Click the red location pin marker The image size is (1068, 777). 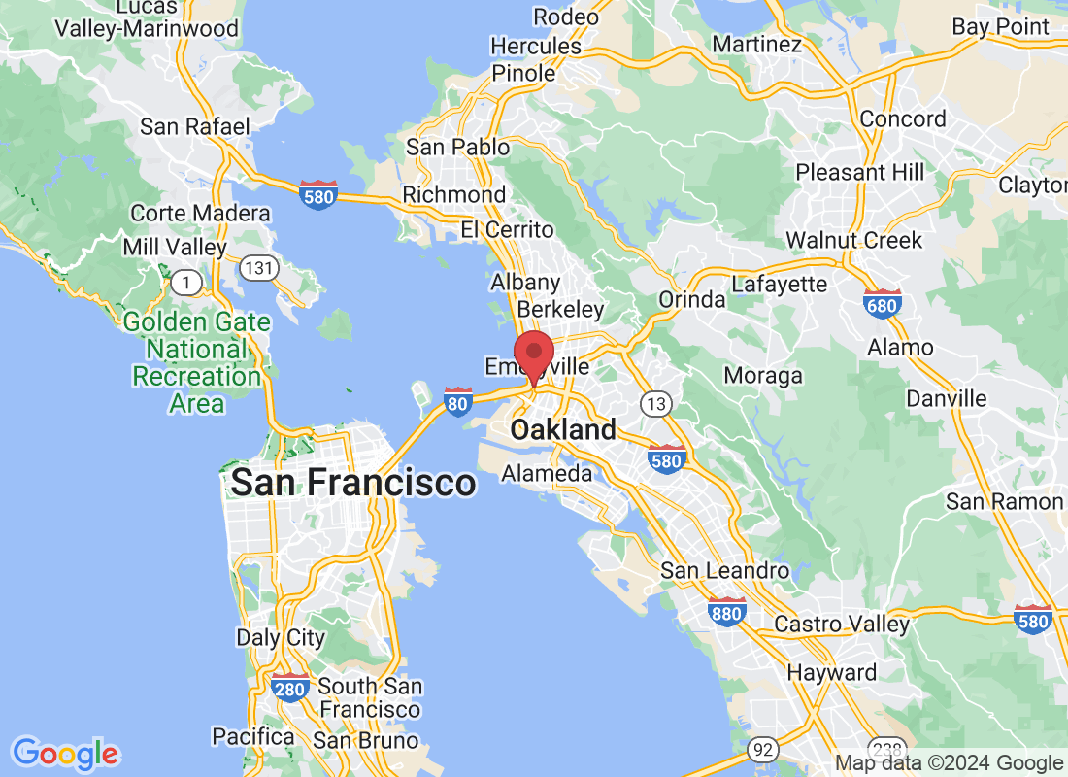pyautogui.click(x=533, y=355)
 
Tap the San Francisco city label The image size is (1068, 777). pyautogui.click(x=353, y=482)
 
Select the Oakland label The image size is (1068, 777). pyautogui.click(x=563, y=429)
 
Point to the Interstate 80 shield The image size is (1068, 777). pyautogui.click(x=457, y=401)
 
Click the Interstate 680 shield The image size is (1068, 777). pyautogui.click(x=882, y=304)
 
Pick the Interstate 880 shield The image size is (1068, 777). pyautogui.click(x=726, y=611)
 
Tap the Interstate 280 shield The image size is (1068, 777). pyautogui.click(x=290, y=687)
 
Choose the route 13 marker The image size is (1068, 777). pyautogui.click(x=655, y=402)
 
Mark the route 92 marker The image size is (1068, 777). pyautogui.click(x=762, y=750)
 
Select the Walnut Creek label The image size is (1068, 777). pyautogui.click(x=853, y=239)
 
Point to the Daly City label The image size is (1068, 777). pyautogui.click(x=281, y=638)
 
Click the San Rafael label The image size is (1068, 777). pyautogui.click(x=195, y=126)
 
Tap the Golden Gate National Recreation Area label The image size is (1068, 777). pyautogui.click(x=197, y=362)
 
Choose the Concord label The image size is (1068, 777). pyautogui.click(x=904, y=119)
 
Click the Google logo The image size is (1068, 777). pyautogui.click(x=65, y=753)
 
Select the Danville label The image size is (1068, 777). pyautogui.click(x=946, y=398)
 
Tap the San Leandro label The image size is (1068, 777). pyautogui.click(x=724, y=570)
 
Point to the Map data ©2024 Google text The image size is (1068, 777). pyautogui.click(x=950, y=764)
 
